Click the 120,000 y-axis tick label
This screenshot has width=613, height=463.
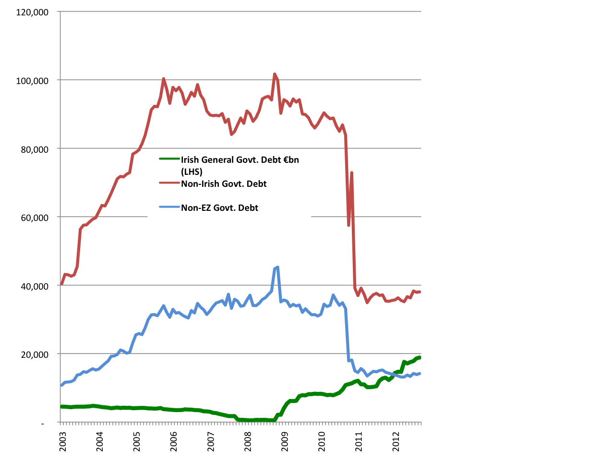click(32, 12)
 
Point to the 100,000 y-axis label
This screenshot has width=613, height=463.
click(32, 81)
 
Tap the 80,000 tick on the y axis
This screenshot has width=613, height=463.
click(35, 149)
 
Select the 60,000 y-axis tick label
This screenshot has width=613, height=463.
click(35, 218)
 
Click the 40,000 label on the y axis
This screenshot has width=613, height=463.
click(35, 286)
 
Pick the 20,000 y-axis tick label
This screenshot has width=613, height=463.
click(35, 354)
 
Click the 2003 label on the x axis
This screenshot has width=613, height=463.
click(63, 440)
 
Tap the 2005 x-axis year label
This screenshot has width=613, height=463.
click(137, 440)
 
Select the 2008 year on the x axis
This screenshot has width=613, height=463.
click(248, 440)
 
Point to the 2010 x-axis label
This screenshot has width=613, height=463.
click(322, 440)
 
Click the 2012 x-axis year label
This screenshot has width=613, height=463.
click(397, 440)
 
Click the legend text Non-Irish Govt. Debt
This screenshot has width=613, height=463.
click(224, 183)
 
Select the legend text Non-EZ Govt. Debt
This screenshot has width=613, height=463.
click(219, 207)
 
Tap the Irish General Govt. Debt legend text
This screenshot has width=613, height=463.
click(240, 159)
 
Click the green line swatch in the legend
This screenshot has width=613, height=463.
click(169, 159)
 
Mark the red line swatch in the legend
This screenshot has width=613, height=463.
click(169, 183)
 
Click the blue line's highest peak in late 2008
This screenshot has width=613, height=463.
click(277, 267)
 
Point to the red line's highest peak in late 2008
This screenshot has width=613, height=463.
click(275, 74)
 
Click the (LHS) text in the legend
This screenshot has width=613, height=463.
click(192, 171)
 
